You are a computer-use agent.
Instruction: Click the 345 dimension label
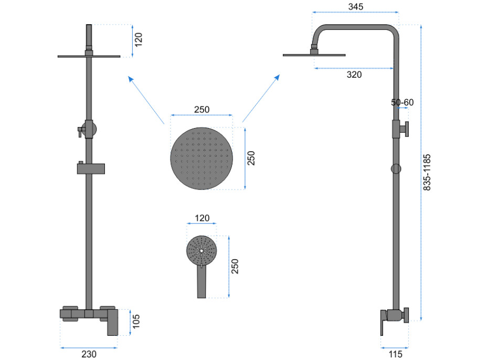click(x=356, y=6)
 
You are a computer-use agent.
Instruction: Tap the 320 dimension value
click(x=354, y=75)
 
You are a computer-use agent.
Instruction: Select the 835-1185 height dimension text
click(x=427, y=172)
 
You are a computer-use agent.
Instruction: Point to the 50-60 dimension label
click(x=402, y=102)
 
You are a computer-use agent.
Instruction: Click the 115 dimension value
click(x=395, y=354)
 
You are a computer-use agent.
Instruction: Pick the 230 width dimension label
click(x=89, y=354)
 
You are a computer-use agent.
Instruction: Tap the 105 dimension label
click(x=136, y=322)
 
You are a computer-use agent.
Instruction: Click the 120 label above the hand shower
click(x=202, y=218)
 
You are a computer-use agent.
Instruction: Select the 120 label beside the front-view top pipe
click(x=139, y=40)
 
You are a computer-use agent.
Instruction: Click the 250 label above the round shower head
click(x=202, y=110)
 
